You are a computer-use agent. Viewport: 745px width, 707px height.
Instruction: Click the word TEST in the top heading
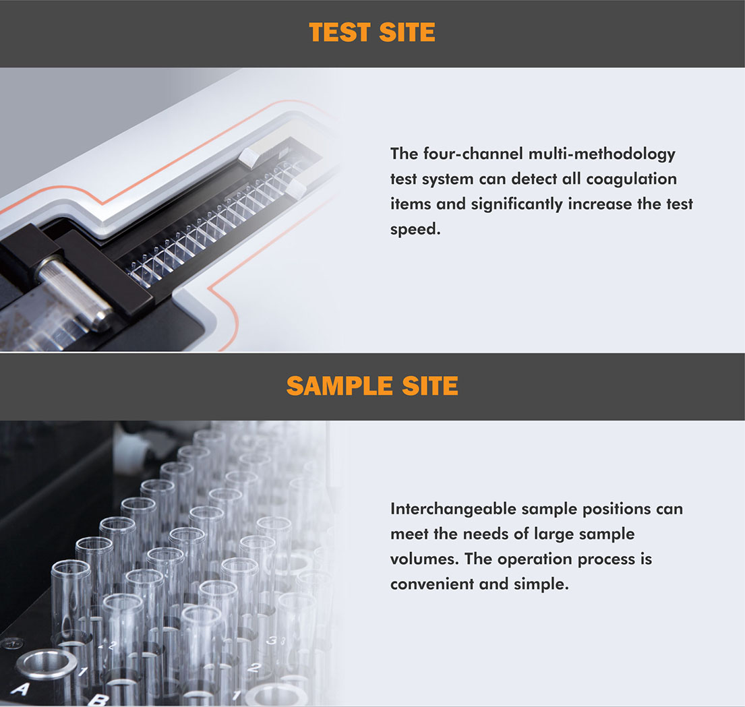click(339, 32)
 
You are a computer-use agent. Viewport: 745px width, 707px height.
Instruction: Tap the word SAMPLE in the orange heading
click(339, 386)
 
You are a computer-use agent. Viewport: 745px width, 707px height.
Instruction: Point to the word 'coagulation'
click(632, 179)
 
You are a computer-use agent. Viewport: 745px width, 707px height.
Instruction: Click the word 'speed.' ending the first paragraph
click(415, 229)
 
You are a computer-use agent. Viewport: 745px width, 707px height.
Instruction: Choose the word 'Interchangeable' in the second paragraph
click(453, 510)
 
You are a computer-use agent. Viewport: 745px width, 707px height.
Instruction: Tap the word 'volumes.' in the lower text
click(424, 559)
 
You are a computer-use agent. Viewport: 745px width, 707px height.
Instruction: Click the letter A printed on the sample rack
click(20, 689)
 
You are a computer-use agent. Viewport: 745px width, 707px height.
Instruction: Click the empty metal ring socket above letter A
click(47, 664)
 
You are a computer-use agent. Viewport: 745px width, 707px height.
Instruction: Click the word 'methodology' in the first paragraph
click(625, 154)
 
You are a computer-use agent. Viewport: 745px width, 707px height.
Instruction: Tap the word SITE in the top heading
click(407, 32)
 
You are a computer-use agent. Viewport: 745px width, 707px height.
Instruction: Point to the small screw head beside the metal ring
click(13, 644)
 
